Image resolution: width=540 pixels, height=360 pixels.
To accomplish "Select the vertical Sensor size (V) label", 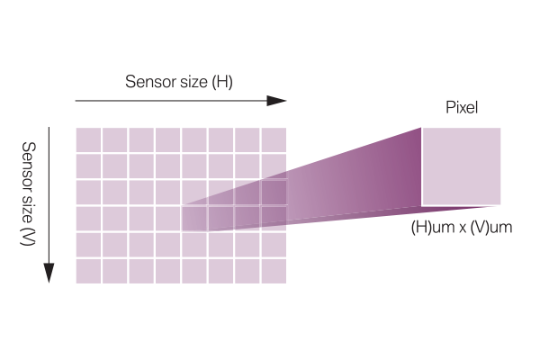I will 29,206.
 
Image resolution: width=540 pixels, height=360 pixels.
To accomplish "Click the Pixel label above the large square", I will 462,107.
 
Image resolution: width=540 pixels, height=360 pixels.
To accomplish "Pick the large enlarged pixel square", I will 461,166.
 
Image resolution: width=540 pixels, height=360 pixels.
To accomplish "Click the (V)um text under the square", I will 491,228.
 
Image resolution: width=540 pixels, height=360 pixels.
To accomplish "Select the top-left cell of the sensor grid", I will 87,139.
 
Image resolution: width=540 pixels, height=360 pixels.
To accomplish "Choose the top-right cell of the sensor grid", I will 274,139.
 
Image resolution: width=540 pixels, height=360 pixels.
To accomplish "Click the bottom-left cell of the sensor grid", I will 87,271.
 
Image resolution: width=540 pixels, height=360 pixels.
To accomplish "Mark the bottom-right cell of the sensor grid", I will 274,271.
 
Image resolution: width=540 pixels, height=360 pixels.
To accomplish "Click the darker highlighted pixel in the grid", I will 193,219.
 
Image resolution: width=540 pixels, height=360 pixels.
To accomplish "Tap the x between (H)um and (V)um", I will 460,228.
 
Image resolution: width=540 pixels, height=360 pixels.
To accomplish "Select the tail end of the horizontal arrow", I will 77,101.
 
